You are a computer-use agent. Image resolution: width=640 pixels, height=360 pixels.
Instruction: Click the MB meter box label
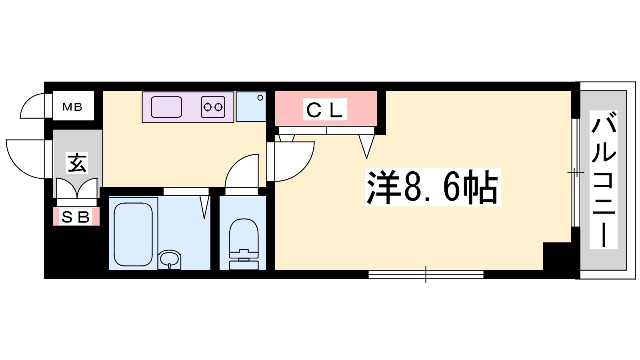[x=72, y=107]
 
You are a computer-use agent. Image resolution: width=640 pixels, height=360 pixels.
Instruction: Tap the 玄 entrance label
[x=77, y=163]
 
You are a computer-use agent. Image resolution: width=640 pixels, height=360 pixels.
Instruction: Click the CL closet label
[x=324, y=110]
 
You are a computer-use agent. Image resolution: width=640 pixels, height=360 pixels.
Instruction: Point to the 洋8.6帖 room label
[x=432, y=188]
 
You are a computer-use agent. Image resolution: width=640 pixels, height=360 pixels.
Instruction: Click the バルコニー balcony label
[x=604, y=180]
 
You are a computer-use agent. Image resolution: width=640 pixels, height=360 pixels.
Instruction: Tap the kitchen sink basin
[x=166, y=107]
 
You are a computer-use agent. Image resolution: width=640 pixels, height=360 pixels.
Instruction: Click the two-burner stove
[x=213, y=107]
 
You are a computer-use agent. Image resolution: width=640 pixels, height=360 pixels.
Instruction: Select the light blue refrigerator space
[x=251, y=106]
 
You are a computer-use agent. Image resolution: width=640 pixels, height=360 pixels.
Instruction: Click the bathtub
[x=133, y=234]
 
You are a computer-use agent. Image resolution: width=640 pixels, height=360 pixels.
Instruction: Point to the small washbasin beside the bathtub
[x=170, y=260]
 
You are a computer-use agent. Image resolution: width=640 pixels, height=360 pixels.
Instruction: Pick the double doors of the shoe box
[x=77, y=188]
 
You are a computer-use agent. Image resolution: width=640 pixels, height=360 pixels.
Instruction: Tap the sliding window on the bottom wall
[x=426, y=275]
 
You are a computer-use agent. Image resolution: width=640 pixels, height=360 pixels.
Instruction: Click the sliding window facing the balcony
[x=576, y=172]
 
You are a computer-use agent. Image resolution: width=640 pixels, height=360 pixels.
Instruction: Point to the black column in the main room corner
[x=558, y=257]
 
